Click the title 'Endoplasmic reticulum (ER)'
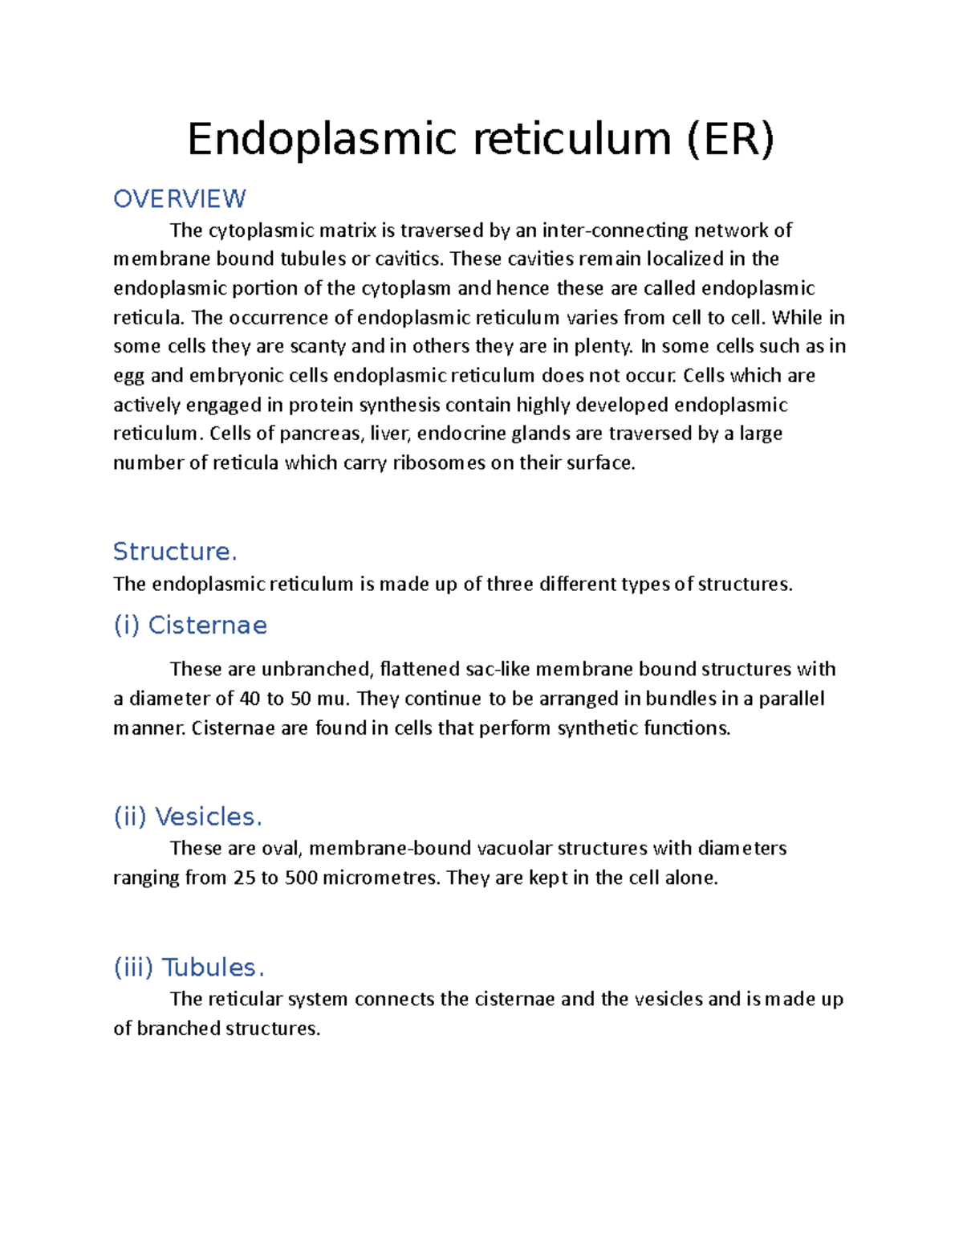pyautogui.click(x=481, y=139)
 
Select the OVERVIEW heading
pyautogui.click(x=180, y=198)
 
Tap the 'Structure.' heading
pyautogui.click(x=175, y=552)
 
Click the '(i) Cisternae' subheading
pyautogui.click(x=190, y=625)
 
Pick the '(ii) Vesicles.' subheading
pyautogui.click(x=188, y=817)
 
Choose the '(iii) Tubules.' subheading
pyautogui.click(x=189, y=967)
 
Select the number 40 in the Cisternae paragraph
pyautogui.click(x=250, y=699)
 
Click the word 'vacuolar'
pyautogui.click(x=514, y=849)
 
